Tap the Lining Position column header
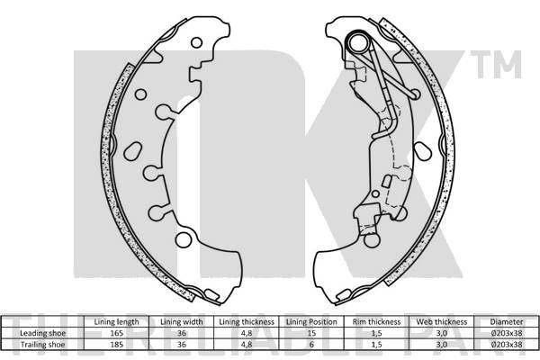tap(310, 321)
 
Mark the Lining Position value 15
tap(310, 333)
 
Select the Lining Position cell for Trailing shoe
tap(310, 344)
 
